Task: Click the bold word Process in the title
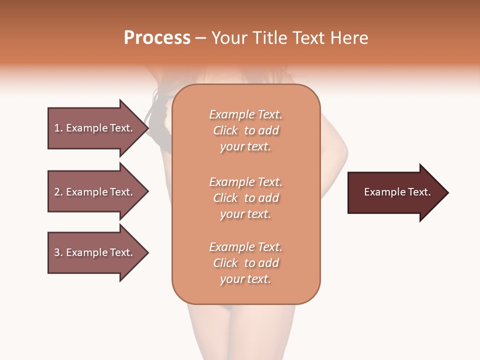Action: click(x=157, y=38)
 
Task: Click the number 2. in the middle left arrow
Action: click(x=58, y=192)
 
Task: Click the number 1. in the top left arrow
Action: click(x=58, y=128)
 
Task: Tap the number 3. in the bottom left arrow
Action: click(x=58, y=252)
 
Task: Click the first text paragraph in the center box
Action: click(x=245, y=130)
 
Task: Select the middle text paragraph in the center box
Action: click(x=245, y=197)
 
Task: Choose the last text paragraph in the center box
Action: click(x=245, y=263)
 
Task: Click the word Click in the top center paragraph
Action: click(x=225, y=130)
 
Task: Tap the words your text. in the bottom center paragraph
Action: click(x=245, y=279)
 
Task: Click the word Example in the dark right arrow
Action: click(x=381, y=192)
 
